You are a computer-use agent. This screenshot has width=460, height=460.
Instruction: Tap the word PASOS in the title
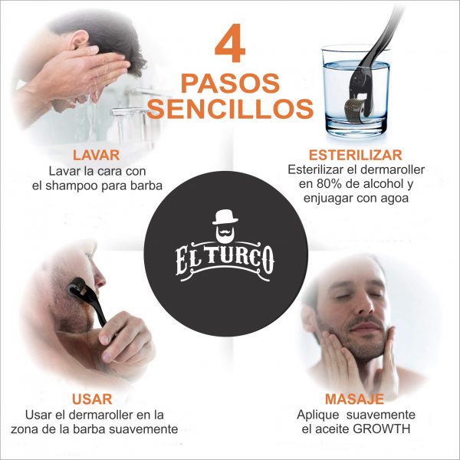pos(230,82)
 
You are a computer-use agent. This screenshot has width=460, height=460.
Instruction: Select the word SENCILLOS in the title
pos(230,108)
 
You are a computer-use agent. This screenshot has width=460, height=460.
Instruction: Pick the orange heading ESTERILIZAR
pos(350,154)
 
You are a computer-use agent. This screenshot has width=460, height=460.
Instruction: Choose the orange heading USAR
pos(93,399)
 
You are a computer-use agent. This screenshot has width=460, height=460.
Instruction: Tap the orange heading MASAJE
pos(353,399)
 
